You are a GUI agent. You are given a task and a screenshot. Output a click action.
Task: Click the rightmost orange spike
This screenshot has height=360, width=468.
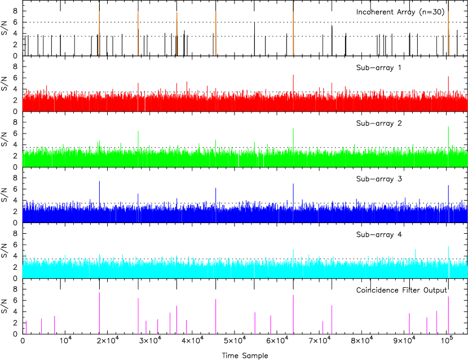[448, 31]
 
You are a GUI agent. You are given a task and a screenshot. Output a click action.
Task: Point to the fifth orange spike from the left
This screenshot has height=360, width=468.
[293, 31]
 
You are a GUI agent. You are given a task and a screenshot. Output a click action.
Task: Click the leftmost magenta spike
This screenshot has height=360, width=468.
[26, 327]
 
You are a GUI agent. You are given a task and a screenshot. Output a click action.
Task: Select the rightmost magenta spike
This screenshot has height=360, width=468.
[448, 315]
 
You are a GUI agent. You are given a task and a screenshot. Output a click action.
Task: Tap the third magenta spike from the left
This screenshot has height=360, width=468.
[55, 325]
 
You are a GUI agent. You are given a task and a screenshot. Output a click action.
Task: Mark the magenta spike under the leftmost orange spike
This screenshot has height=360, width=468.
[99, 313]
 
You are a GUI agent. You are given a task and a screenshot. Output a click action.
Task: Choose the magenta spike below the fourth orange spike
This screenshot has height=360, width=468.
[215, 317]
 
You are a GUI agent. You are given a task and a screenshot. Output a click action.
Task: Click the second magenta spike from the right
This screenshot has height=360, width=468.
[436, 322]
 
